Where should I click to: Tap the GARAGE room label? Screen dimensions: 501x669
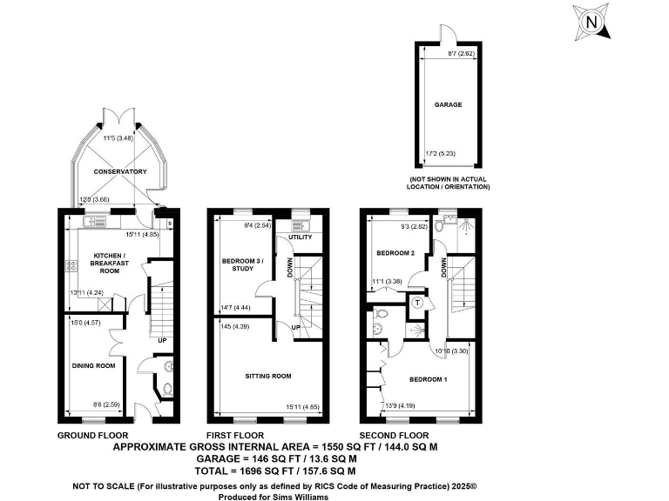[448, 104]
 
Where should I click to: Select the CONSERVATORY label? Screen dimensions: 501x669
[120, 171]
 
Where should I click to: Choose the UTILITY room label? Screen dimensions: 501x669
[300, 237]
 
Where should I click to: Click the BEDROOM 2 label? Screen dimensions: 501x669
[394, 252]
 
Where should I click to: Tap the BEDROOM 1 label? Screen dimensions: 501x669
[429, 379]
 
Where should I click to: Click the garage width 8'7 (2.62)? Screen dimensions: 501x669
[447, 54]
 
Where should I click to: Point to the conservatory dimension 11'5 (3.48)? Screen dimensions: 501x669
[120, 138]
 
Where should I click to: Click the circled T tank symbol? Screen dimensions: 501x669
[418, 303]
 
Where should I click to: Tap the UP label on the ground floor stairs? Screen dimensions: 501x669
[161, 339]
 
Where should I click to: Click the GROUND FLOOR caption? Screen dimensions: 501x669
[92, 435]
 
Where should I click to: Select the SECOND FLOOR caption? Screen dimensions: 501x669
[395, 435]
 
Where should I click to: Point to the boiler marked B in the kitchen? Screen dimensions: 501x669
[169, 223]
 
